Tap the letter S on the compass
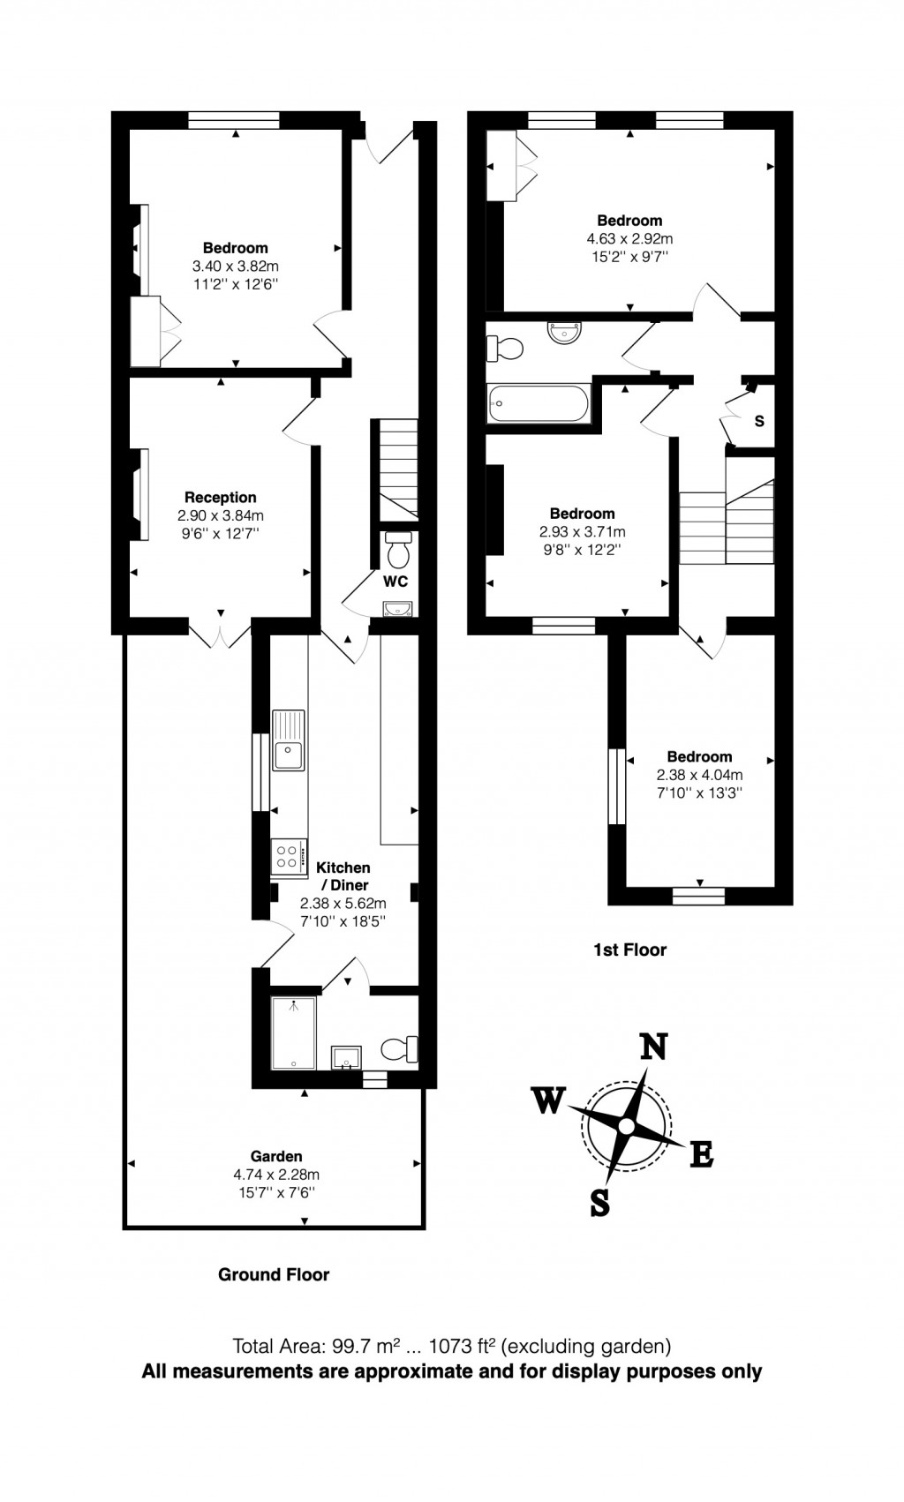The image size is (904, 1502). [x=599, y=1202]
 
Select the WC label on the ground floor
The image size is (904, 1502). [x=395, y=582]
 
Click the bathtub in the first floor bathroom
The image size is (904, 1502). [x=538, y=404]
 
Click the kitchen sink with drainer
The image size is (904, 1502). [x=288, y=740]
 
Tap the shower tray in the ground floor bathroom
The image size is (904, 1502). [x=293, y=1032]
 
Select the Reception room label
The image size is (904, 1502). [x=220, y=498]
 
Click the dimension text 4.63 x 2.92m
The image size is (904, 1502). [x=629, y=238]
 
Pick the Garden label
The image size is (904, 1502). [x=276, y=1156]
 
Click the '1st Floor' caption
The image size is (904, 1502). [x=629, y=950]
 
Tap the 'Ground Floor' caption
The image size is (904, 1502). [x=274, y=1274]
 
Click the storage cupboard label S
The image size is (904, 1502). [x=759, y=421]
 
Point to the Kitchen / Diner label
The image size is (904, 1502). [x=343, y=876]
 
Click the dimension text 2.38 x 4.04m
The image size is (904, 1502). [x=699, y=775]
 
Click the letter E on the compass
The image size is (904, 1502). [x=701, y=1154]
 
